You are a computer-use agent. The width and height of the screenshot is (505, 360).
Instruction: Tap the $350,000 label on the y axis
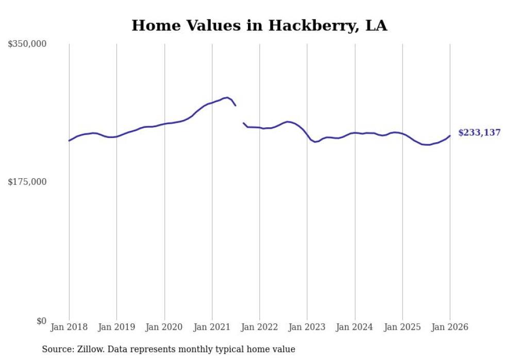[27, 44]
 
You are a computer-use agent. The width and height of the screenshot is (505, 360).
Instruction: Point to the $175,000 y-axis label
[27, 182]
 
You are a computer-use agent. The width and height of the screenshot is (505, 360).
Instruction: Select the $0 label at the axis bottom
[41, 321]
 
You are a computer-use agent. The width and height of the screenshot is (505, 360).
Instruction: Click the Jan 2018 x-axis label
[69, 327]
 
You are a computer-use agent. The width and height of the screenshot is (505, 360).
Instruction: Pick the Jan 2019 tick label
[116, 327]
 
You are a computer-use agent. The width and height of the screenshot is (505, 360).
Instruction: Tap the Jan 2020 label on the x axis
[164, 327]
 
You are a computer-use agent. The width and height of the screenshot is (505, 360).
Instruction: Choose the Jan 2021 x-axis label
[212, 327]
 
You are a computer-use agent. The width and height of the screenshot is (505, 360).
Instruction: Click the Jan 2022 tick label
[260, 327]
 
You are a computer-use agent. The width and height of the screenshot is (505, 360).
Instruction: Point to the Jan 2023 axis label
[307, 327]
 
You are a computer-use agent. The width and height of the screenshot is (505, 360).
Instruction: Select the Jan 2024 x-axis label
[355, 327]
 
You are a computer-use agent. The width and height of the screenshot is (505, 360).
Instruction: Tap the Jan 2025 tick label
[402, 327]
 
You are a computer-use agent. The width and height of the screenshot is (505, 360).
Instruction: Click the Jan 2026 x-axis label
[450, 327]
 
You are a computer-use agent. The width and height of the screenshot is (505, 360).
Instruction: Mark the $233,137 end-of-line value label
[479, 133]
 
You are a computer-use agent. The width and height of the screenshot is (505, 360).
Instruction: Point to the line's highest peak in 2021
[227, 97]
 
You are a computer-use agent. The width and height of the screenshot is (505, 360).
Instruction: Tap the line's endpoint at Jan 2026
[450, 136]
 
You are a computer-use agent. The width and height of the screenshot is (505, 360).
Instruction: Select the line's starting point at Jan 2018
[69, 141]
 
